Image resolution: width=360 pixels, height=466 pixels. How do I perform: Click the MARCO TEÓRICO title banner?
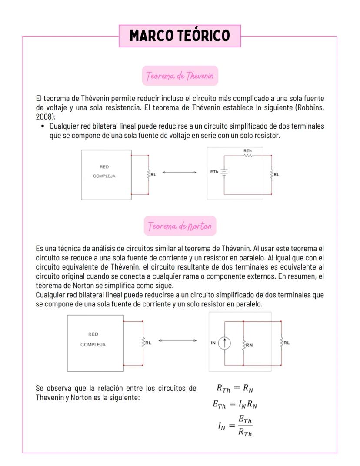click(180, 36)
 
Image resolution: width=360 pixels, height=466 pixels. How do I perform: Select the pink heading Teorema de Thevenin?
click(180, 76)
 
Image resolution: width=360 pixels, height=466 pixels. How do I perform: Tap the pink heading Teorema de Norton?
click(180, 226)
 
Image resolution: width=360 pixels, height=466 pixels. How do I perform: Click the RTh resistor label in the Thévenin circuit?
click(247, 150)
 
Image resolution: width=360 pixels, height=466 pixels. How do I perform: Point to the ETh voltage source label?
click(214, 172)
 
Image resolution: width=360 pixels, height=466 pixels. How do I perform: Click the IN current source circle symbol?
click(224, 343)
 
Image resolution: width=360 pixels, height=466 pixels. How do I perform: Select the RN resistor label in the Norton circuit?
click(249, 345)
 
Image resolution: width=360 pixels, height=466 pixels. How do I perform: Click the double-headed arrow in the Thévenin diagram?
click(179, 173)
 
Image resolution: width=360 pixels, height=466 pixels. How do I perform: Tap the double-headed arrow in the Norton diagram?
click(177, 340)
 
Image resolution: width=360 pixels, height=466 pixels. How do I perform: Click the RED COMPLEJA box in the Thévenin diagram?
click(106, 175)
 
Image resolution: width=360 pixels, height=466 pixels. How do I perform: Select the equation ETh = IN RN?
click(235, 405)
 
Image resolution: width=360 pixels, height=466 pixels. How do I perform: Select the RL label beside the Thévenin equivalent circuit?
click(277, 175)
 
